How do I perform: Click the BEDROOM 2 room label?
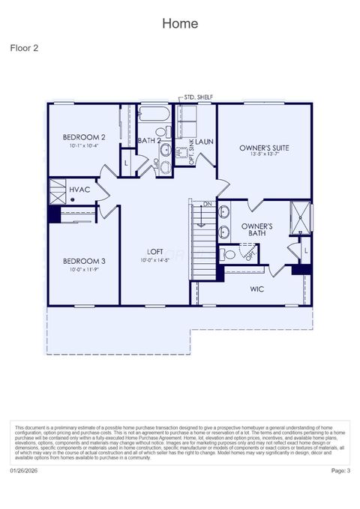[x=83, y=137]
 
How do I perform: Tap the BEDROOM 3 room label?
[x=83, y=261]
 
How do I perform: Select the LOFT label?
[x=155, y=252]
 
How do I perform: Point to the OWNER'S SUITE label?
[x=264, y=148]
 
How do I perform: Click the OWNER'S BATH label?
[x=256, y=230]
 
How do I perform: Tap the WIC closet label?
[x=257, y=289]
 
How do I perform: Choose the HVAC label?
[x=79, y=190]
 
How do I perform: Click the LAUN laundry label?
[x=205, y=141]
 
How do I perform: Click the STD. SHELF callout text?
[x=199, y=97]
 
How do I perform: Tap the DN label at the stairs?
[x=208, y=204]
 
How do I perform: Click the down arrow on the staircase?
[x=200, y=217]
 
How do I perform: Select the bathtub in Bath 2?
[x=155, y=117]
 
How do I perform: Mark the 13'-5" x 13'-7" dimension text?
[x=264, y=157]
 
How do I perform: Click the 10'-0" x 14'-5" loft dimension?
[x=155, y=261]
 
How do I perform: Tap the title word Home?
[x=180, y=23]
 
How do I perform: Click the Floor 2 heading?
[x=24, y=48]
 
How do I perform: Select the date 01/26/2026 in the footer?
[x=25, y=470]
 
